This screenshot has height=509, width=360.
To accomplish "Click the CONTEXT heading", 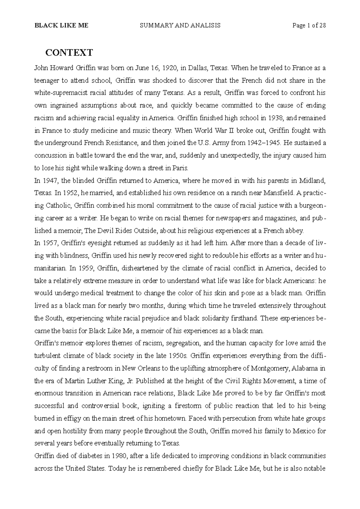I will tap(69, 53).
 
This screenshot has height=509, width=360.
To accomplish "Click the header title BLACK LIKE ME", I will tap(61, 25).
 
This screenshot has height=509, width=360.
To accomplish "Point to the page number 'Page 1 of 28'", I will tap(309, 25).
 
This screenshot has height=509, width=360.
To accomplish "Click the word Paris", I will tap(181, 168).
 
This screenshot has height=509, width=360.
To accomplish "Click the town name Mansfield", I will tap(278, 193).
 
